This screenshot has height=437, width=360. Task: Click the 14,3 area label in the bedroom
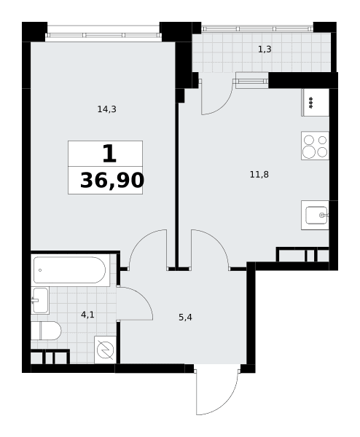coord(106,109)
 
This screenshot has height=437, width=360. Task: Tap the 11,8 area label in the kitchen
coord(259,175)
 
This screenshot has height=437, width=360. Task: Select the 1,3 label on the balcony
coord(265,50)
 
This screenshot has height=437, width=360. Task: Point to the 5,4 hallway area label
coord(185,317)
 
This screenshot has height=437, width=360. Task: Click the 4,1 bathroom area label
coord(87,315)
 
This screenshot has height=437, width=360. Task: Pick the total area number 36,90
coord(112,181)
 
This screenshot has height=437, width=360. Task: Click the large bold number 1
coord(109,154)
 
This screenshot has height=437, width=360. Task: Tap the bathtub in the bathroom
coord(70,270)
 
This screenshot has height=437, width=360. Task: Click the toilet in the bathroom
coord(46,331)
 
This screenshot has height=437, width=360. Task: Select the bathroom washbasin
coord(40,300)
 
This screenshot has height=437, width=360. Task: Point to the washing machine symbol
coord(105,350)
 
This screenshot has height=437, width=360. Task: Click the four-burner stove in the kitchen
coord(315,146)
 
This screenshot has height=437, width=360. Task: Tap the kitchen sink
coord(315,215)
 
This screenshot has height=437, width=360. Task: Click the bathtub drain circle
coord(40,270)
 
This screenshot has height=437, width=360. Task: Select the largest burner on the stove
coord(309,152)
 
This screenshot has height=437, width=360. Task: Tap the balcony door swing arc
coord(223,104)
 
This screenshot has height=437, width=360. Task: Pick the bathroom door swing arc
coord(143,296)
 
